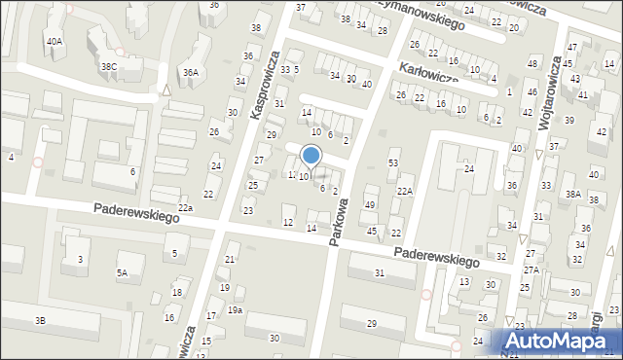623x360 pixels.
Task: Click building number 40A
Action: point(54,42)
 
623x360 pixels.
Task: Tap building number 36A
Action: point(191,72)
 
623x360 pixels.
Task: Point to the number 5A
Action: point(122,273)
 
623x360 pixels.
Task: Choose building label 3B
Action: point(40,320)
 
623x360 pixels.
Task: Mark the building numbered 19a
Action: point(235,309)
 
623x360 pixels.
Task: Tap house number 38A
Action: point(573,195)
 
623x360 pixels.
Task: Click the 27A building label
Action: point(531,270)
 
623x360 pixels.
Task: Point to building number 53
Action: point(393,162)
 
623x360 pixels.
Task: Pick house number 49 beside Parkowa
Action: point(370,204)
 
